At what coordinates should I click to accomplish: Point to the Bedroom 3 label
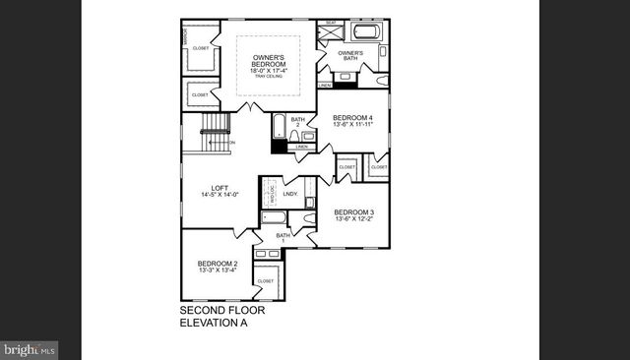pos(353,212)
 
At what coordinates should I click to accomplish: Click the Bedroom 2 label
pos(218,263)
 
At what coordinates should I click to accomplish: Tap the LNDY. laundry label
pos(290,194)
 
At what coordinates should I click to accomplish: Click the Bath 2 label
pos(296,123)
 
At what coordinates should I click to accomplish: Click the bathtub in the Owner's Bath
pos(366,32)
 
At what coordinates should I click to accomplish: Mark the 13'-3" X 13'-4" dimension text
pos(218,271)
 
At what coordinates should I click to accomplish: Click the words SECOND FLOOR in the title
pos(221,311)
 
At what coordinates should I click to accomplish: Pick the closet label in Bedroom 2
pos(265,280)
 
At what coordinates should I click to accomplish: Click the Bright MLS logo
pos(30,349)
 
